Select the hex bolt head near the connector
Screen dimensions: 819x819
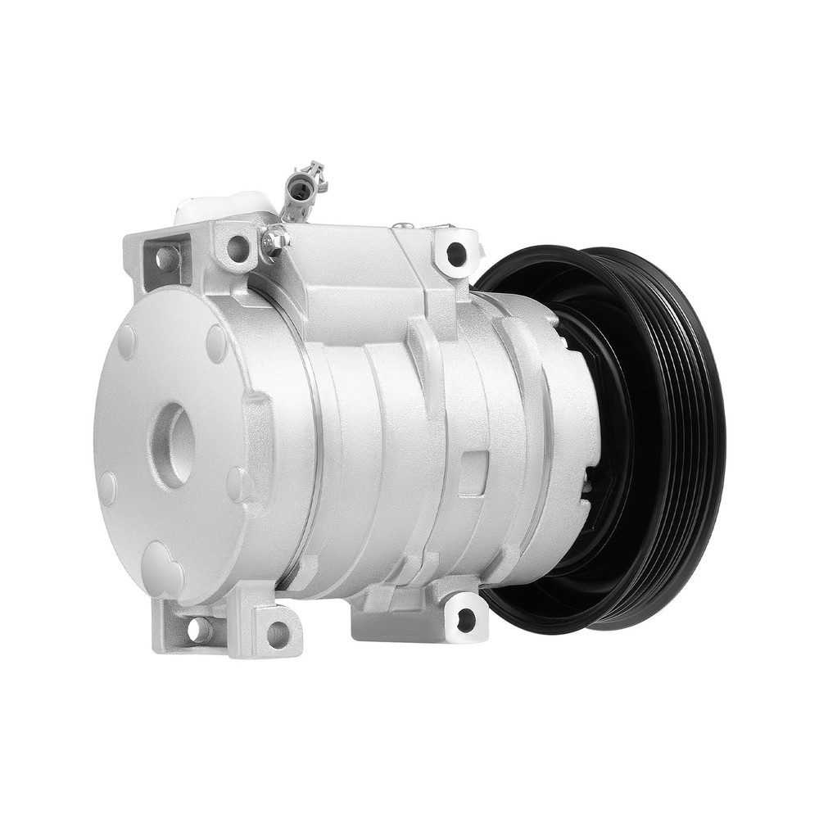[x=274, y=239]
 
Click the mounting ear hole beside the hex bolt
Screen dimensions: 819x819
[x=238, y=247]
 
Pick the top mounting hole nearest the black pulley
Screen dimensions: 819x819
[x=456, y=254]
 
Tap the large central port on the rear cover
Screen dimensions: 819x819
[x=172, y=445]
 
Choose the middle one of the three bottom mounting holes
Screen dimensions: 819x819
[x=278, y=634]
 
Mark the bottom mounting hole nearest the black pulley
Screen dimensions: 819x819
[x=465, y=620]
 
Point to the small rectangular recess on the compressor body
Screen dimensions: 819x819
[x=473, y=473]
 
